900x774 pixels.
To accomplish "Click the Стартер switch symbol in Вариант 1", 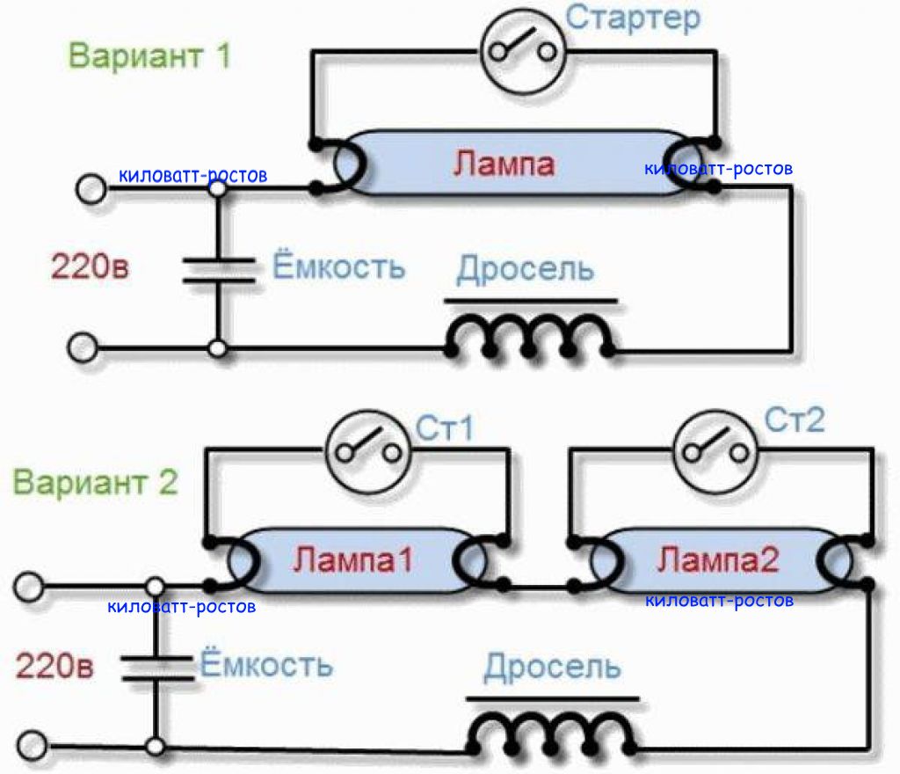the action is coord(523,51).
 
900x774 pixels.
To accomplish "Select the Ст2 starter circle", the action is coord(715,452).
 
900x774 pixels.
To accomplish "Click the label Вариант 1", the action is coord(149,56).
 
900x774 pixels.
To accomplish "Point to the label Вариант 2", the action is coord(95,482).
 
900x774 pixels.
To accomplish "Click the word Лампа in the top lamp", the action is coord(504,164).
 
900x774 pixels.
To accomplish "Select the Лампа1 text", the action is coord(352,559).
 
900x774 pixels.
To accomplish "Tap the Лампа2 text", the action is coord(717,559).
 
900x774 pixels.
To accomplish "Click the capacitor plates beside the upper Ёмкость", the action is coord(218,270).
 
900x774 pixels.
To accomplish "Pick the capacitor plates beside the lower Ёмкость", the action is coord(156,668).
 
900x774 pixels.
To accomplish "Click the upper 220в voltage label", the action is coord(90,267).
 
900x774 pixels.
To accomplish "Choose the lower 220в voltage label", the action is coord(54,666).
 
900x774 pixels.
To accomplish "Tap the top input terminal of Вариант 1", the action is coord(91,188).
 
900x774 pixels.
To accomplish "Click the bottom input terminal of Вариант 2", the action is coord(33,745).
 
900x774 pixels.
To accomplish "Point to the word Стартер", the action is coord(633,18).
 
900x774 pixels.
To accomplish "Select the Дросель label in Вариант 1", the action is coord(526,269).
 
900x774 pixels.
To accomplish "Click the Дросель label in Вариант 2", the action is coord(552,667).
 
